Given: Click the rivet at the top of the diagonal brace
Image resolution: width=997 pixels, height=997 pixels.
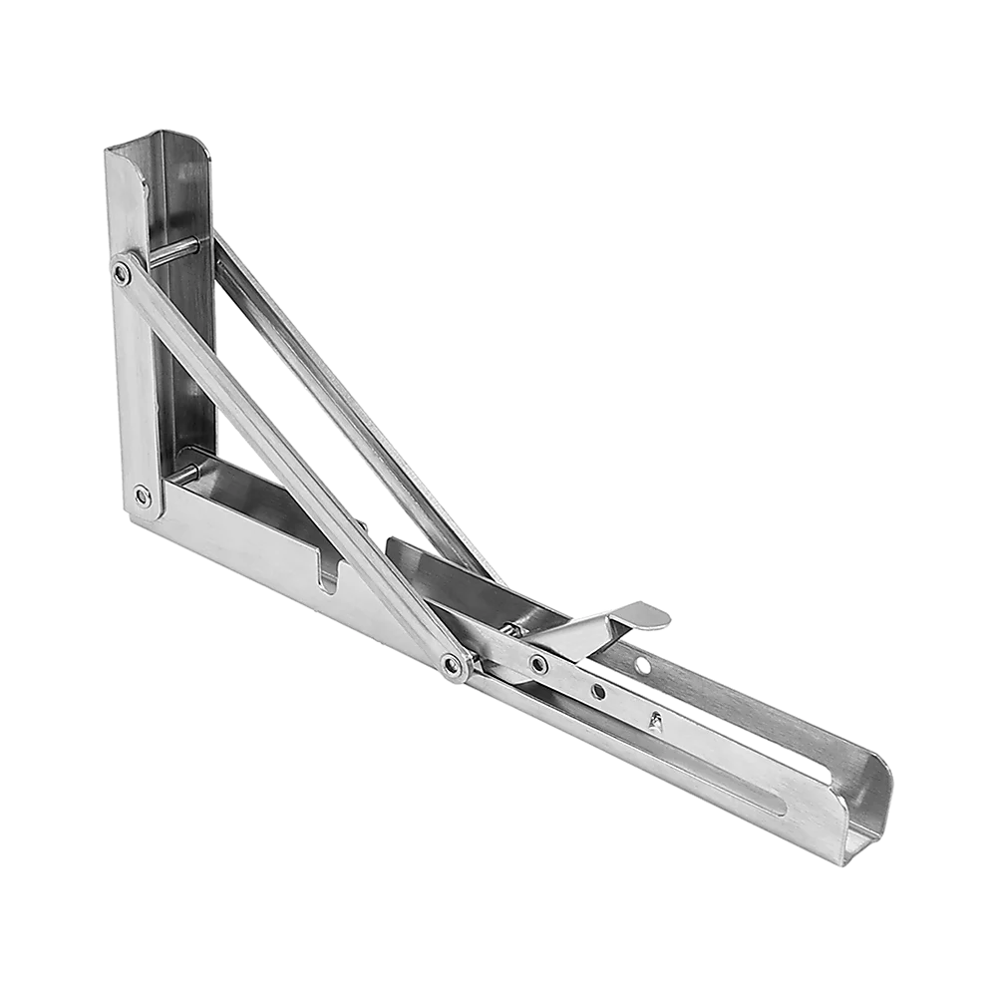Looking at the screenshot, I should (122, 270).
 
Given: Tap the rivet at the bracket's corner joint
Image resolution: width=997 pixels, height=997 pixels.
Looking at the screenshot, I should (143, 492).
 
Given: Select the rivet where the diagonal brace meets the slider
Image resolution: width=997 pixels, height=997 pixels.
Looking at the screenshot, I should (454, 664).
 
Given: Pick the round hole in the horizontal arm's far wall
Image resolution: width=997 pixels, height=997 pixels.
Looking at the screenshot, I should (643, 665).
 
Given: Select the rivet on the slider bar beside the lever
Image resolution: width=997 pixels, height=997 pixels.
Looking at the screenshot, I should (538, 663).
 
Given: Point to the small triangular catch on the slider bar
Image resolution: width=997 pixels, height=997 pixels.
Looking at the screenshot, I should (654, 719).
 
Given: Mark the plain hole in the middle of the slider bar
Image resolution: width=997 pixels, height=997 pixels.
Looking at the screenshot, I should (597, 691).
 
